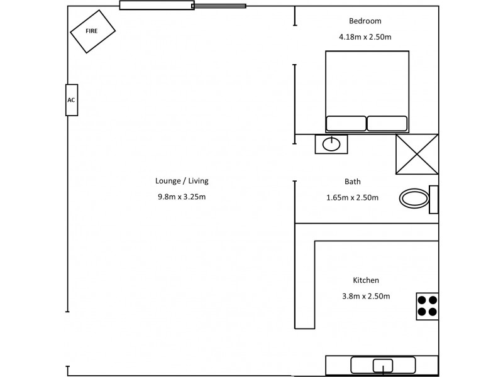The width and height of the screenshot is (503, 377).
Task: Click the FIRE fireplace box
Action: click(92, 31)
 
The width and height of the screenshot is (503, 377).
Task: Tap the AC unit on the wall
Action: click(72, 100)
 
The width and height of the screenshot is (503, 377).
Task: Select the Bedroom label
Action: click(365, 21)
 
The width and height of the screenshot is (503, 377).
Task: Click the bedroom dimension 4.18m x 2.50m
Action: click(365, 37)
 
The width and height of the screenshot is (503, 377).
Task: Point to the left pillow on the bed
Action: click(346, 123)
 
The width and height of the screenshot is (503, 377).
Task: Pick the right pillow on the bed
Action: click(387, 123)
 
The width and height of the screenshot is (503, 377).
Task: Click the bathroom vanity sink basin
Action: click(331, 145)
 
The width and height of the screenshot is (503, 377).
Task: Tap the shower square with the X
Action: click(416, 154)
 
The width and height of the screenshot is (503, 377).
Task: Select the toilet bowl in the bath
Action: click(414, 199)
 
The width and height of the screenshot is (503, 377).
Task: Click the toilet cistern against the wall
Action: click(434, 199)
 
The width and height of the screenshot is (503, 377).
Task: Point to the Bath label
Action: click(353, 182)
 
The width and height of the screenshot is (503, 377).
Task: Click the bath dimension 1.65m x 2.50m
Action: click(353, 198)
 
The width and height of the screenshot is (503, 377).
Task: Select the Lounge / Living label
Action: click(182, 181)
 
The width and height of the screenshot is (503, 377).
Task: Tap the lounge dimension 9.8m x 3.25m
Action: click(182, 197)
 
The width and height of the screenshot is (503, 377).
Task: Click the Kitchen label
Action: click(366, 280)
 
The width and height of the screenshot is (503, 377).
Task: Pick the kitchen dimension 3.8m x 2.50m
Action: click(366, 297)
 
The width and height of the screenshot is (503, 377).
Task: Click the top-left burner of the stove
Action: click(423, 300)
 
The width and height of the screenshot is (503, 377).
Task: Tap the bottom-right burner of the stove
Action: click(433, 311)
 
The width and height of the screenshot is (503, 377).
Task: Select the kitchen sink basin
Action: click(383, 365)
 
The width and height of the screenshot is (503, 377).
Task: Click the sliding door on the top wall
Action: click(182, 6)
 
